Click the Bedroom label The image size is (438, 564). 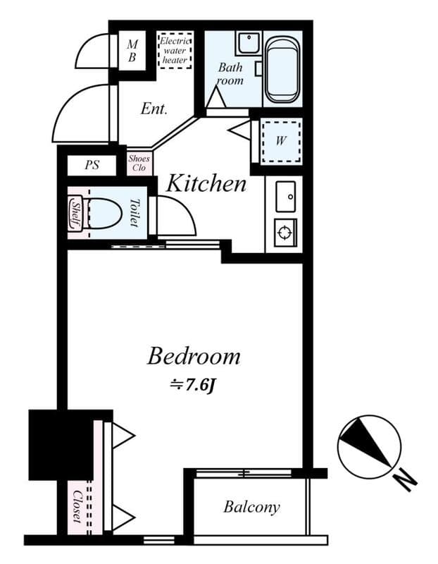pyautogui.click(x=194, y=357)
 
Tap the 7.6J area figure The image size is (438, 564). pyautogui.click(x=192, y=385)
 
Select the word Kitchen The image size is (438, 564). pyautogui.click(x=206, y=183)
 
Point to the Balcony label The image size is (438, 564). pyautogui.click(x=251, y=507)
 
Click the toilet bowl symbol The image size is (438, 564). pyautogui.click(x=102, y=214)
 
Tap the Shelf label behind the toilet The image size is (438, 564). pyautogui.click(x=75, y=214)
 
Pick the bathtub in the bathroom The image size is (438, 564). pyautogui.click(x=283, y=69)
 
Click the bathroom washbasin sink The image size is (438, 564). pyautogui.click(x=249, y=43)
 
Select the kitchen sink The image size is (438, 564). pyautogui.click(x=286, y=197)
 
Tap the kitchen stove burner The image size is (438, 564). pyautogui.click(x=286, y=233)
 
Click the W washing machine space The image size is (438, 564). pyautogui.click(x=281, y=142)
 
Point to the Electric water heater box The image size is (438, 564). pyautogui.click(x=175, y=50)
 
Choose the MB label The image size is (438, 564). pyautogui.click(x=132, y=51)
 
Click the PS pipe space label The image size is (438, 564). pyautogui.click(x=92, y=165)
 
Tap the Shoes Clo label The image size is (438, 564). pyautogui.click(x=139, y=163)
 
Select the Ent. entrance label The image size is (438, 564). pyautogui.click(x=154, y=109)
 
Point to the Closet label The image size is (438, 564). pyautogui.click(x=77, y=506)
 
